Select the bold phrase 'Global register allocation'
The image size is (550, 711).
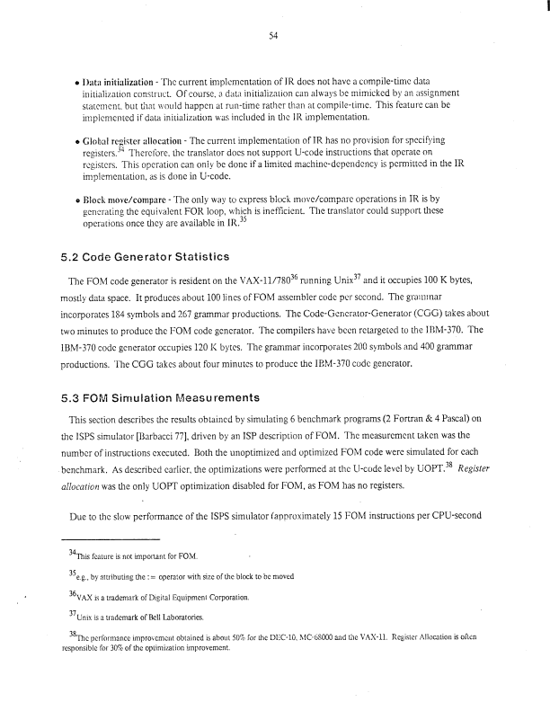129,142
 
